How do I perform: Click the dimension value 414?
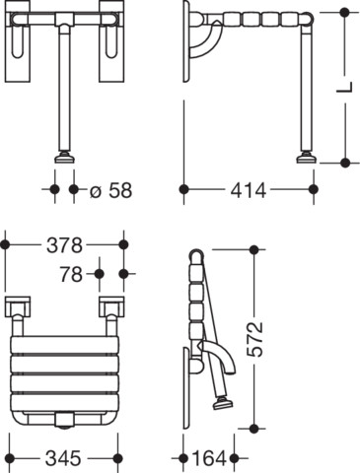(x=249, y=190)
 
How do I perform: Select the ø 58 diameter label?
(x=110, y=190)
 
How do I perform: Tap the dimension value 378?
(x=64, y=245)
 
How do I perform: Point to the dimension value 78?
(x=71, y=274)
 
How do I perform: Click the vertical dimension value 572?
(x=255, y=339)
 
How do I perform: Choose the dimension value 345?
(x=63, y=458)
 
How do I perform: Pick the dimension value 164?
(x=209, y=458)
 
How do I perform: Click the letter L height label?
(x=344, y=87)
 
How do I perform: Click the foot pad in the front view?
(x=64, y=158)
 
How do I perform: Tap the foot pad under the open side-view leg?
(x=307, y=158)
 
